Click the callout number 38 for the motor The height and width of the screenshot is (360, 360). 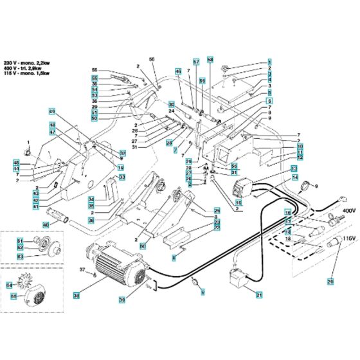[x=76, y=296]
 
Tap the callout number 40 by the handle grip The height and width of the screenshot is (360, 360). [x=46, y=225]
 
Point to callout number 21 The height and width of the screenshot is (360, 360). [x=260, y=295]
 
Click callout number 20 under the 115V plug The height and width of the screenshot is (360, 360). [x=330, y=282]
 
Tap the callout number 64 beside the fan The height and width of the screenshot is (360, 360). [x=8, y=284]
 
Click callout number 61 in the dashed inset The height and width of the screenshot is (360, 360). [x=20, y=240]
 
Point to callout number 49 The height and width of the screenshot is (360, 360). [x=53, y=111]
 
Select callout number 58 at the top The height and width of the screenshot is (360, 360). [x=210, y=59]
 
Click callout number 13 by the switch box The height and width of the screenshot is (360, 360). [x=294, y=168]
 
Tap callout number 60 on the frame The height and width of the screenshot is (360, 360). [x=143, y=246]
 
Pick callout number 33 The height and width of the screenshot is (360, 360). [x=122, y=177]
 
